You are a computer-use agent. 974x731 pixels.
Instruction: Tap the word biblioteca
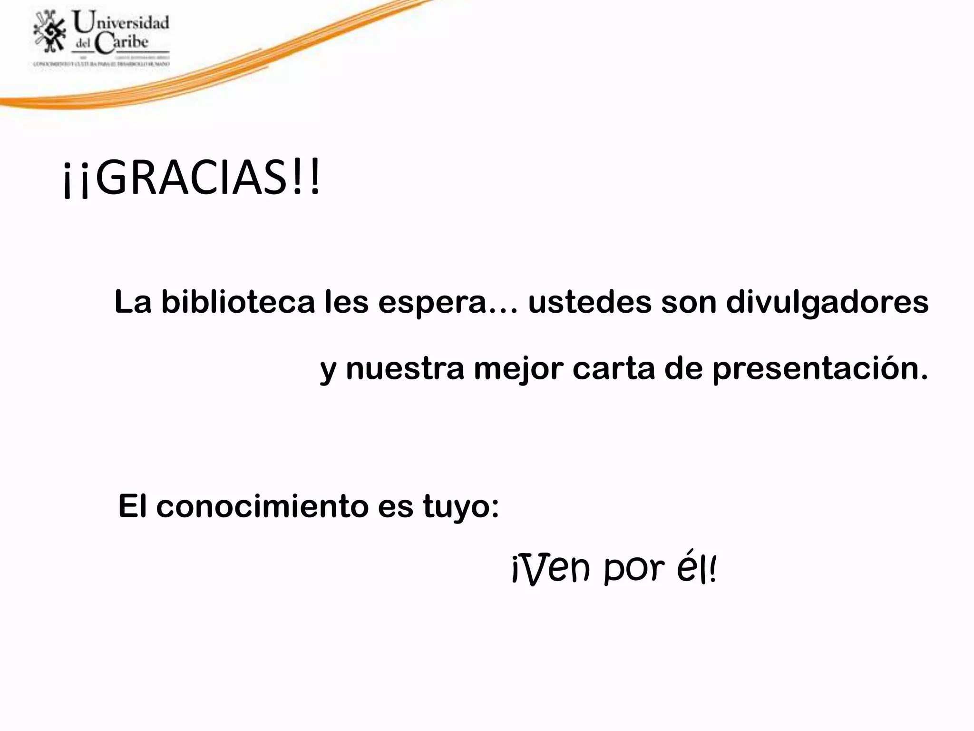pyautogui.click(x=238, y=302)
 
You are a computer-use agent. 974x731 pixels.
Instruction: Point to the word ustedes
pyautogui.click(x=589, y=302)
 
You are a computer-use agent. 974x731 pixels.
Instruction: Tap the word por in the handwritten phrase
pyautogui.click(x=634, y=569)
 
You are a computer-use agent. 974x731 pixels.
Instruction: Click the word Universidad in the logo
pyautogui.click(x=121, y=22)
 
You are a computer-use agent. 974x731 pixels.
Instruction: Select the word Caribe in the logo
pyautogui.click(x=122, y=43)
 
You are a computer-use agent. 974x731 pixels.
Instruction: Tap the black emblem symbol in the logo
pyautogui.click(x=50, y=31)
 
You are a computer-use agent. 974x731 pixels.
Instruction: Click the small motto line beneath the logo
pyautogui.click(x=101, y=63)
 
